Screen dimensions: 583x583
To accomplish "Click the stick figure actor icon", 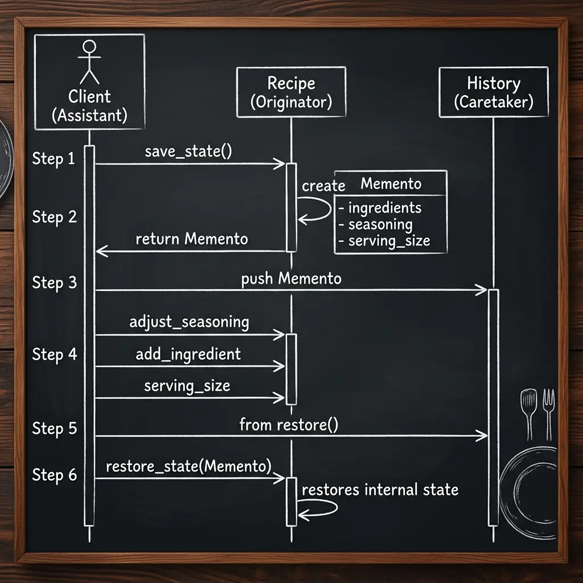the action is (89, 61).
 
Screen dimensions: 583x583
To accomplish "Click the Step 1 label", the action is (54, 159).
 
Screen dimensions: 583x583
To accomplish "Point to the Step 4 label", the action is (54, 354).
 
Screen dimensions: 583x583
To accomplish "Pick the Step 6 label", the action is (54, 475).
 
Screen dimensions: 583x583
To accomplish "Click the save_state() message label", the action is (188, 151).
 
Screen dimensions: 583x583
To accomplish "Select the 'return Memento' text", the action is (191, 239).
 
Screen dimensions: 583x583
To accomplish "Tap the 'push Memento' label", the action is (291, 279).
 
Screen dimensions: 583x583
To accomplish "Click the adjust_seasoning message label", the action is (189, 322).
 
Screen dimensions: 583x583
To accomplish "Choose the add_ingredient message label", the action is (188, 354).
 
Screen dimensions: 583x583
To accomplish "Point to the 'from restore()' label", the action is (289, 425).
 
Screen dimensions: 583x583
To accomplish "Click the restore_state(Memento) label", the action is (188, 466).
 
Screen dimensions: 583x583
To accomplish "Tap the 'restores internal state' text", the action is (380, 490).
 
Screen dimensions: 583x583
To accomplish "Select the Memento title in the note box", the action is (391, 184).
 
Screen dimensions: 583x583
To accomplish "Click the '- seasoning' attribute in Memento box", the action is (376, 224).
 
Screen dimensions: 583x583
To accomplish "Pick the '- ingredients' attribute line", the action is (380, 208).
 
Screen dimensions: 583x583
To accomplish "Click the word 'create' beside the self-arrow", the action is (323, 186).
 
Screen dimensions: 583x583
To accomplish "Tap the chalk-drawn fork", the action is (549, 414).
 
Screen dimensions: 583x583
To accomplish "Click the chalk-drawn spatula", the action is (529, 414).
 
